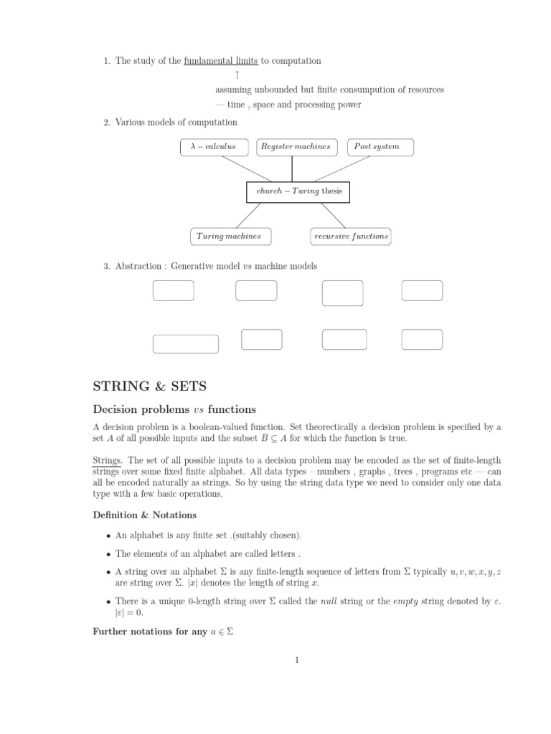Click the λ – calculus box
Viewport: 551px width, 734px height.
tap(213, 147)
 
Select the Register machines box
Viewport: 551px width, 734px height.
tap(296, 147)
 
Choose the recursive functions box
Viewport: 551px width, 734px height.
tap(351, 236)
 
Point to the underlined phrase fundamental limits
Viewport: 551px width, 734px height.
tap(221, 62)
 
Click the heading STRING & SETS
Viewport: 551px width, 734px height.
tap(150, 386)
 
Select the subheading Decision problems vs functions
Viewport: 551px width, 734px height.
tap(174, 410)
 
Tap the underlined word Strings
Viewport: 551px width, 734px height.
tap(108, 459)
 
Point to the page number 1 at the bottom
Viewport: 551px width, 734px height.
tap(296, 660)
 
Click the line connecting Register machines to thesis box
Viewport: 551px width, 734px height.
tap(292, 168)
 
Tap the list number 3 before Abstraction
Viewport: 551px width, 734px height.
tap(106, 266)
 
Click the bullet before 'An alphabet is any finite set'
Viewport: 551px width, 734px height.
tap(108, 535)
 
